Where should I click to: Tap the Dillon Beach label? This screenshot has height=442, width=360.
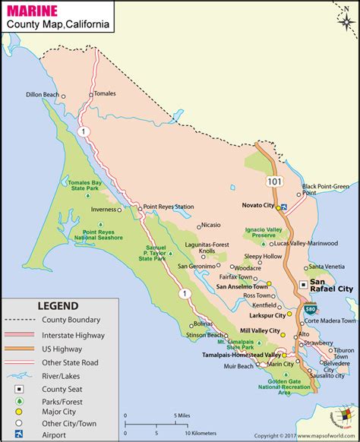41,95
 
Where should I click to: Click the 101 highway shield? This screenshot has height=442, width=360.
273,182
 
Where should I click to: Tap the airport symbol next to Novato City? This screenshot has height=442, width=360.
283,207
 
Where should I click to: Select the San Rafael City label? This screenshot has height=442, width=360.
331,284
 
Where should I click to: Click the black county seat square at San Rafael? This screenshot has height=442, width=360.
302,284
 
